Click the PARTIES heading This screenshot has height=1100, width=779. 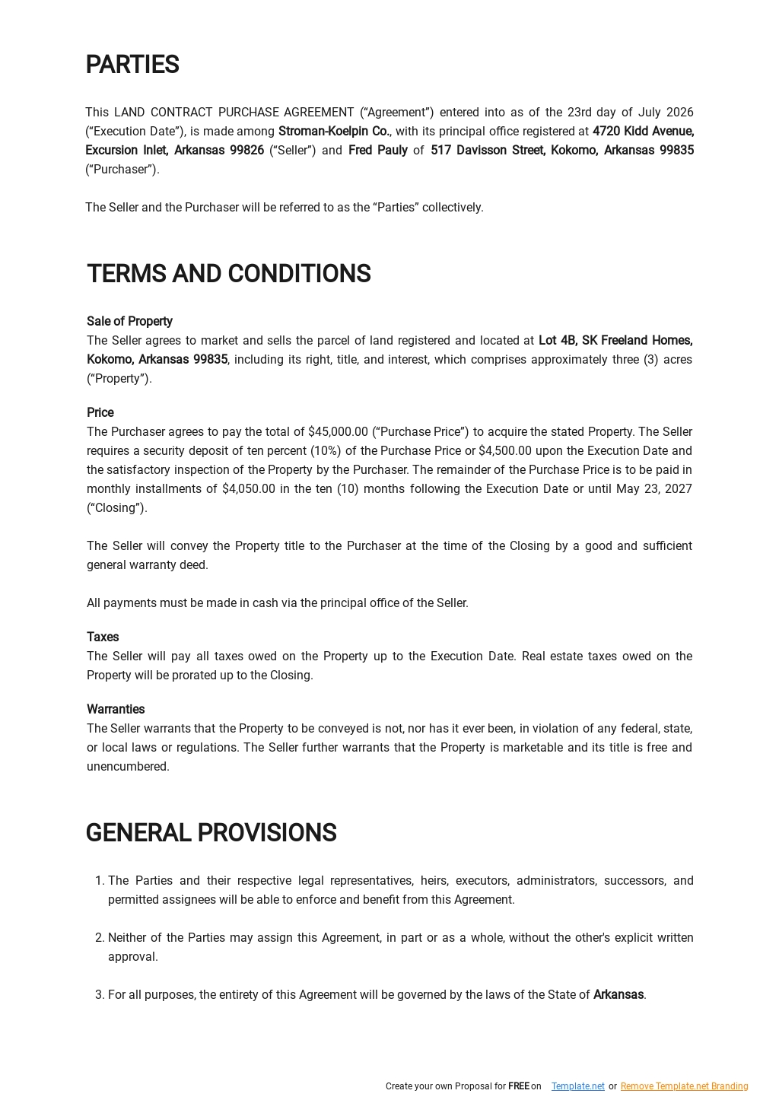[x=132, y=65]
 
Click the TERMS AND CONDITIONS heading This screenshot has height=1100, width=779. [x=228, y=274]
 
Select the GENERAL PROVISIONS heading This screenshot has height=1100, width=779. [x=211, y=833]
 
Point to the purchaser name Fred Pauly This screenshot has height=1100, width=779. [x=377, y=151]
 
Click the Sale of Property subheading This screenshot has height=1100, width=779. [x=129, y=322]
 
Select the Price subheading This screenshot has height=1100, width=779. [x=100, y=413]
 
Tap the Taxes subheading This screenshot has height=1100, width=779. [x=103, y=637]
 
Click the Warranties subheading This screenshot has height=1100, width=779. [x=116, y=710]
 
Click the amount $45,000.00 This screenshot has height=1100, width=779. [x=338, y=432]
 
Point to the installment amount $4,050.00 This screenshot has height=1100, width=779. [x=248, y=489]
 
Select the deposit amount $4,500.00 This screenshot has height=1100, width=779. [x=504, y=451]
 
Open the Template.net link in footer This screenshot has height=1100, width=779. [x=577, y=1086]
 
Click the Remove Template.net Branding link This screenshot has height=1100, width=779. [x=684, y=1086]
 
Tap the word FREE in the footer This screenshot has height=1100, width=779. [x=518, y=1086]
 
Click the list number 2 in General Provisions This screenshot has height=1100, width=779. [x=99, y=938]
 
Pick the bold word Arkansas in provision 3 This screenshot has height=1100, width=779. [x=618, y=995]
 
